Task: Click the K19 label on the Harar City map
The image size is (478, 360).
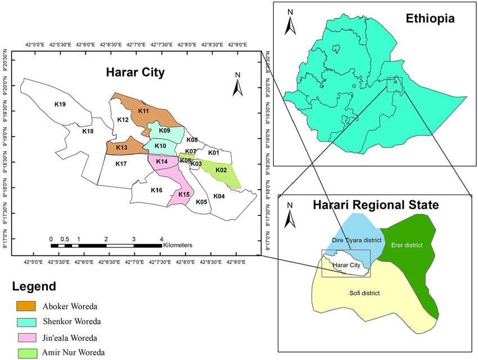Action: pos(60,104)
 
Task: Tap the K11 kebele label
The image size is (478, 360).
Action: pos(143,111)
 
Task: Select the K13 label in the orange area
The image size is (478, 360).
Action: pos(122,148)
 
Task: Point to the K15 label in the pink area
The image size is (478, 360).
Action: pos(183,195)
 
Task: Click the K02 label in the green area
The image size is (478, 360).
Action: pos(221,170)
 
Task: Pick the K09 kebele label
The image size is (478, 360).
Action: pos(165,131)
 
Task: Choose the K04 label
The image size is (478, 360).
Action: pos(219,196)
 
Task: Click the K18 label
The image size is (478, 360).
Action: pos(88,132)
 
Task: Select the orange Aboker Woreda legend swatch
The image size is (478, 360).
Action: pos(27,306)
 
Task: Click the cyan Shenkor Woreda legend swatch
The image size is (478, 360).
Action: pos(27,322)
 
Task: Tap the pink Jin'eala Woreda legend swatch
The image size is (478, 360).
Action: pos(27,338)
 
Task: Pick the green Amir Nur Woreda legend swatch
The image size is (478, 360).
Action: pos(27,353)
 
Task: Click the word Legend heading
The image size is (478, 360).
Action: pos(34,286)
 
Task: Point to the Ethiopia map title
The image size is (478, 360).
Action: pos(430,19)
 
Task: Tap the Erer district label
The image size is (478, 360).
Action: pos(407,245)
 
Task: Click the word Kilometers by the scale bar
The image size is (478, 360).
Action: pos(178,245)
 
